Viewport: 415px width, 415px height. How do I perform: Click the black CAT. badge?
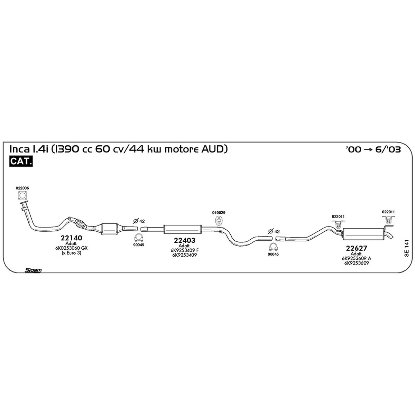pyautogui.click(x=21, y=161)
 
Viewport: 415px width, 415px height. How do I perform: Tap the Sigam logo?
pyautogui.click(x=33, y=270)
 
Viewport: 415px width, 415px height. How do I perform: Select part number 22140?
pyautogui.click(x=71, y=238)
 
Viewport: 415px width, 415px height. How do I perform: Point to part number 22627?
pyautogui.click(x=356, y=248)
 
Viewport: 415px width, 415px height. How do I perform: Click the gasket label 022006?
pyautogui.click(x=22, y=188)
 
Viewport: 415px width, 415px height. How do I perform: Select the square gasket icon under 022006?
pyautogui.click(x=22, y=196)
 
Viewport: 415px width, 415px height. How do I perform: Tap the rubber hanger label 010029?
pyautogui.click(x=219, y=213)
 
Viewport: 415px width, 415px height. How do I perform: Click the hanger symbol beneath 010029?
pyautogui.click(x=219, y=221)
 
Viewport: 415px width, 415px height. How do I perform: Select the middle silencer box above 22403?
pyautogui.click(x=182, y=229)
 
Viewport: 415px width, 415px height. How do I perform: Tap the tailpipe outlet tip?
pyautogui.click(x=391, y=236)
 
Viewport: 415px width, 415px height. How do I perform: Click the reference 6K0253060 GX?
pyautogui.click(x=71, y=248)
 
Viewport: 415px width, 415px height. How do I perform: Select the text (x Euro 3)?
pyautogui.click(x=71, y=253)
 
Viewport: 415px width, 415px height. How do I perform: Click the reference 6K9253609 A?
pyautogui.click(x=357, y=258)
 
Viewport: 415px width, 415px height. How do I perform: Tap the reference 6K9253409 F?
pyautogui.click(x=185, y=250)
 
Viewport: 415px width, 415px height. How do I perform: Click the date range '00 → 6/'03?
pyautogui.click(x=373, y=149)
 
